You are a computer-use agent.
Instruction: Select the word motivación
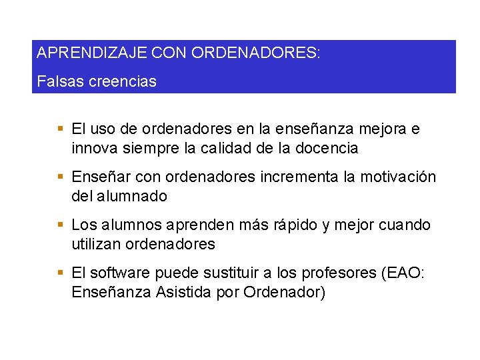click(399, 177)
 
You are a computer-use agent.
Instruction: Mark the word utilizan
click(95, 244)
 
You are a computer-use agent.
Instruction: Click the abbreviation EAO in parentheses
click(402, 273)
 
